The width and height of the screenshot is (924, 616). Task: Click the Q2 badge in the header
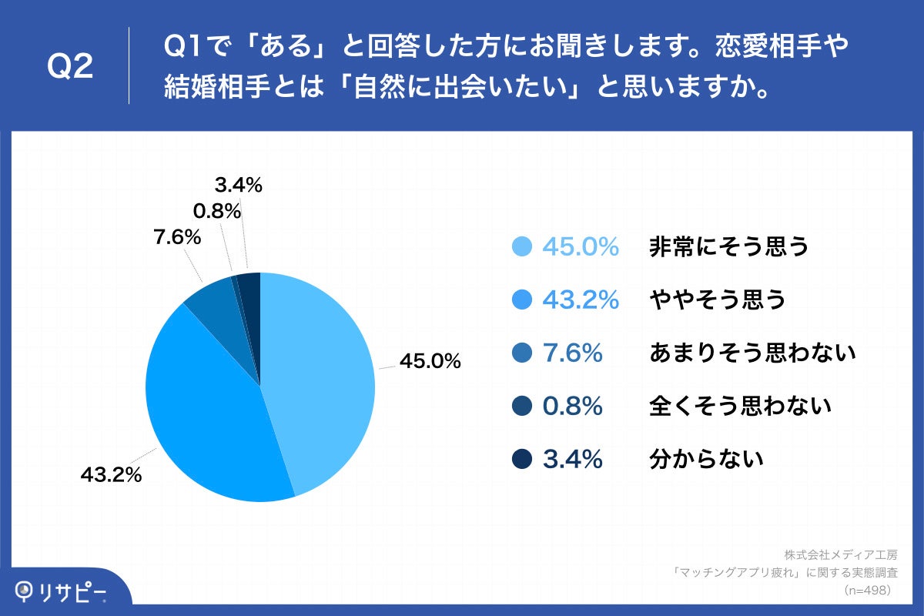pos(70,67)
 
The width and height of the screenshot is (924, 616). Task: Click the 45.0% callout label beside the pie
pos(429,360)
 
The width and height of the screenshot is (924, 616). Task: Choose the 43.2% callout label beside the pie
pos(111,475)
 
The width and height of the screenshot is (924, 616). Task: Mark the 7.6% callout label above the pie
pos(177,237)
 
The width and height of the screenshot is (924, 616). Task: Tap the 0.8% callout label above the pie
pos(218,210)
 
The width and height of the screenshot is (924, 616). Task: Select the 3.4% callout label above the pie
pos(239,185)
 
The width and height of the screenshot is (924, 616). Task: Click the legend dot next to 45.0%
pos(522,247)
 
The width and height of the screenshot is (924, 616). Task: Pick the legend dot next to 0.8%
pos(522,406)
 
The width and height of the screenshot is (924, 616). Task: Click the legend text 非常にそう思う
pos(729,247)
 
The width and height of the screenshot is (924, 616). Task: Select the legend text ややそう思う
pos(718,300)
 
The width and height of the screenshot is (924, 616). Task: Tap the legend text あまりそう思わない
pos(753,353)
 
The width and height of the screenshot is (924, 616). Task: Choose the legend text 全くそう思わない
pos(741,406)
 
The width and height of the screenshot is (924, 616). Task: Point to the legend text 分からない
pos(706,459)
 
